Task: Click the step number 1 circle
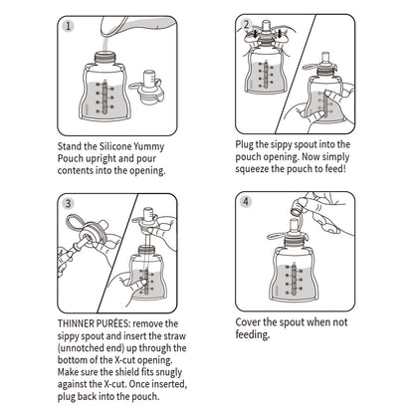(x=67, y=26)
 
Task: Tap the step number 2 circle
(x=245, y=26)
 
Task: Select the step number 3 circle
(x=67, y=203)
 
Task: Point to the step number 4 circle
(x=245, y=203)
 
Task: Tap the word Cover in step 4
(x=252, y=323)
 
